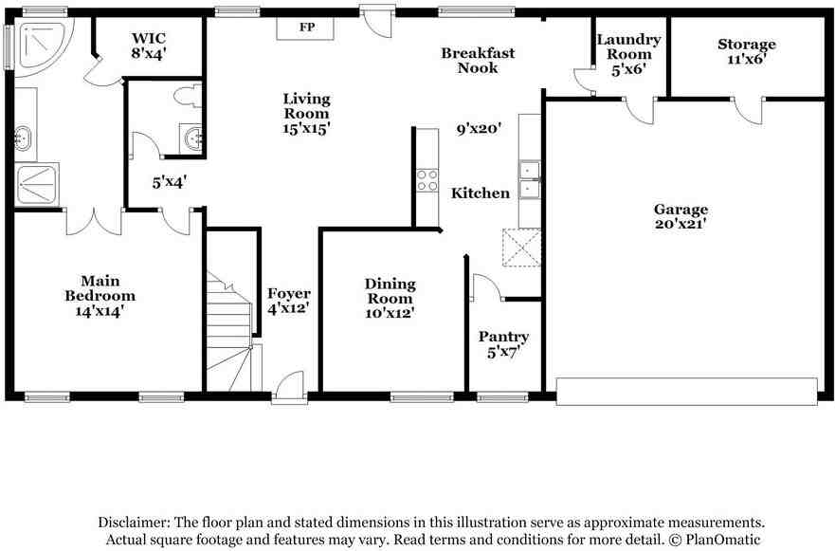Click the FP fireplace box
coord(305,28)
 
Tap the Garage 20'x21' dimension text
coord(681,225)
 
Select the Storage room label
coord(747,45)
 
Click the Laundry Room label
coord(629,46)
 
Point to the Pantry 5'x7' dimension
coord(503,352)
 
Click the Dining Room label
coord(390,291)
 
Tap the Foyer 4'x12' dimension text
coord(289,308)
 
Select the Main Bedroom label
coord(100,288)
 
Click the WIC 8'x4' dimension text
coord(149,54)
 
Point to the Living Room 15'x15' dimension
coord(307,128)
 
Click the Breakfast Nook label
coord(478,60)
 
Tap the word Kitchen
coord(481,193)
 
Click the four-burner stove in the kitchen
coord(427,179)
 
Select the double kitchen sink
coord(529,179)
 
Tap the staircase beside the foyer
coord(230,331)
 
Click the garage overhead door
coord(686,392)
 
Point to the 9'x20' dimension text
coord(480,129)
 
